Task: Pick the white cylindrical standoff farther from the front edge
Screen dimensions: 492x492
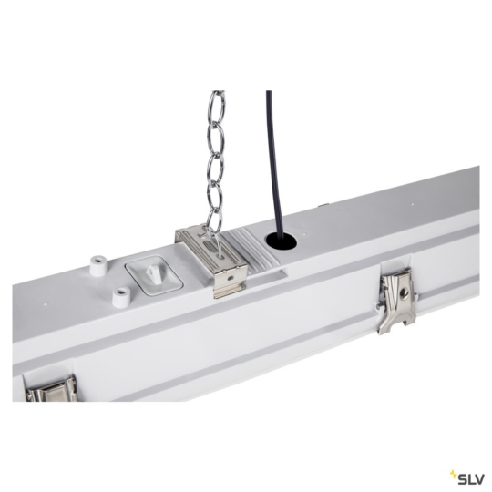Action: [95, 261]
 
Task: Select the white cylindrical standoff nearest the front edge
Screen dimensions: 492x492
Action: [118, 296]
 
